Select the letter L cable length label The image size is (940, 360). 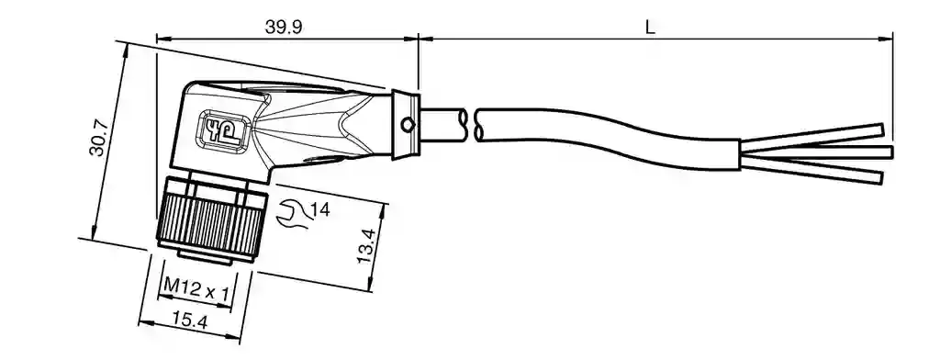[651, 27]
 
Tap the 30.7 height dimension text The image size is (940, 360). [98, 138]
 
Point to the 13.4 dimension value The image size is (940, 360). [365, 245]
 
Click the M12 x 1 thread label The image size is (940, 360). [196, 292]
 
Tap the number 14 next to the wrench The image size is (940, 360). [320, 209]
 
